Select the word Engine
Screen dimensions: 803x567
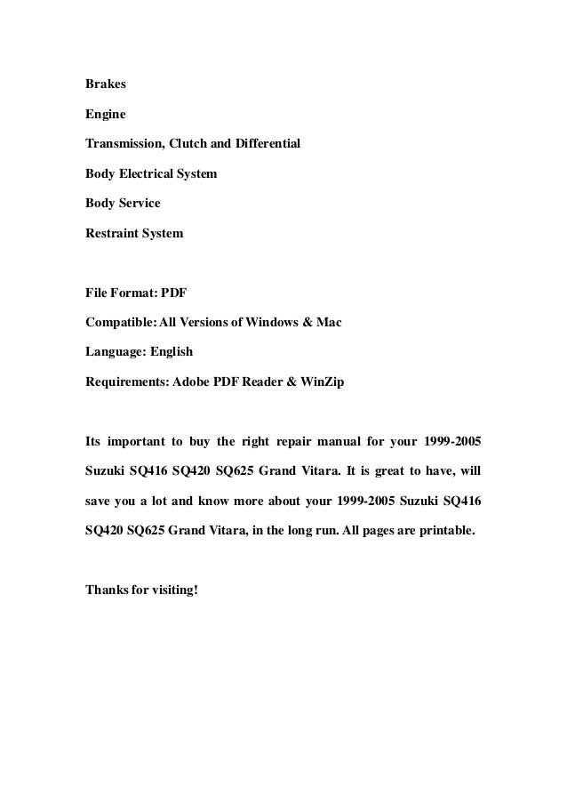pos(106,115)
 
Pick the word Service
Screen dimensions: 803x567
pos(139,204)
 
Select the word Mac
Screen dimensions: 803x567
pos(330,322)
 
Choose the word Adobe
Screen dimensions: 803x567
pos(193,381)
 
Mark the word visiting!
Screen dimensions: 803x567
pos(176,589)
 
